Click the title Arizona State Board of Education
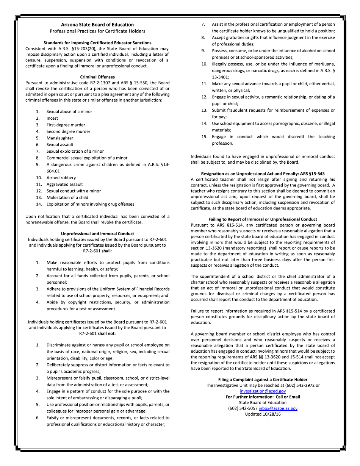[x=97, y=25]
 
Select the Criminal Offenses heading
[x=97, y=77]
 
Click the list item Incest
[x=52, y=118]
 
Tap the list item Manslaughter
[x=60, y=138]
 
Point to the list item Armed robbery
[x=61, y=178]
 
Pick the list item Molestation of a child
[x=67, y=197]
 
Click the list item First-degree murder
[x=66, y=125]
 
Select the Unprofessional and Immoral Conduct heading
[x=97, y=234]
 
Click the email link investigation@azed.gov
[x=263, y=391]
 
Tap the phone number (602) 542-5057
[x=243, y=408]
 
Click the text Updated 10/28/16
[x=263, y=414]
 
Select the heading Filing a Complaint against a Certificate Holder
[x=263, y=380]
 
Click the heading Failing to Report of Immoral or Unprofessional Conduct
[x=263, y=219]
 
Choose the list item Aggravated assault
[x=64, y=184]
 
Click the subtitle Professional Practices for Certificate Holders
[x=97, y=31]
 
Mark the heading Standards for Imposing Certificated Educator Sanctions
[x=97, y=43]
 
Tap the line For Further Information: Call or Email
[x=263, y=397]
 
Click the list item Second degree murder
[x=68, y=131]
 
